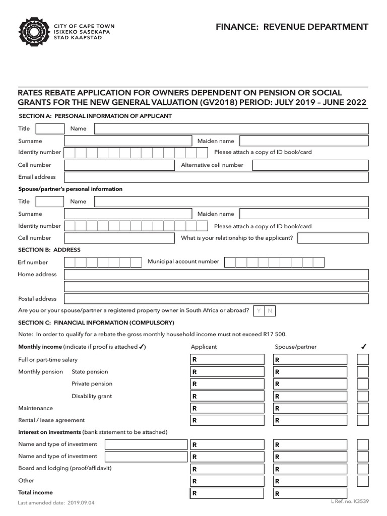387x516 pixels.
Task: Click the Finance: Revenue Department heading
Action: click(291, 27)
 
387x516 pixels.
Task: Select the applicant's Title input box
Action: click(50, 128)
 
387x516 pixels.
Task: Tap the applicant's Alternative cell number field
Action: click(310, 165)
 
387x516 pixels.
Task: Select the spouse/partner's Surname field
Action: click(128, 214)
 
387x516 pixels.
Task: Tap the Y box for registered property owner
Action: click(259, 311)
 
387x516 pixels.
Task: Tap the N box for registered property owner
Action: click(270, 311)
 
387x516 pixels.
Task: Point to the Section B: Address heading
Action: click(49, 250)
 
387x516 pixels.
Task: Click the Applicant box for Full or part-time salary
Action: click(227, 360)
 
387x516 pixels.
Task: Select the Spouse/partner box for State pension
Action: click(310, 372)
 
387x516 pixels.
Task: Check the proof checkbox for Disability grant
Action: click(363, 396)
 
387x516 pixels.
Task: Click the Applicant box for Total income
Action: click(227, 493)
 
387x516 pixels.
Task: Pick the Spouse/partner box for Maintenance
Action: click(310, 408)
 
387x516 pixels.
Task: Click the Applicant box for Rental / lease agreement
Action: click(227, 420)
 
